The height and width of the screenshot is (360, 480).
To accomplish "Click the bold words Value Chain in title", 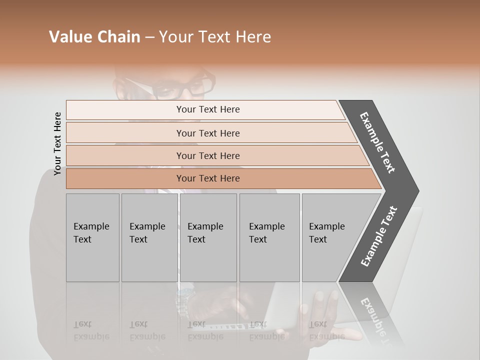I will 94,37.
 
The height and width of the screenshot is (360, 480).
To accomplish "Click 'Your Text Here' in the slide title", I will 215,37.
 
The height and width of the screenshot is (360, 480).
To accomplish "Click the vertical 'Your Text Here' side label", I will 57,143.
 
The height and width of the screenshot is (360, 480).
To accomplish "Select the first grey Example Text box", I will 92,237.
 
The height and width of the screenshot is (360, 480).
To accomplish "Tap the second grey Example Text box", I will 149,237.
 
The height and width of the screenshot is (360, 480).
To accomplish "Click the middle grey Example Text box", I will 208,237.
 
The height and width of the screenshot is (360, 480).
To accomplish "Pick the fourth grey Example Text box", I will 269,237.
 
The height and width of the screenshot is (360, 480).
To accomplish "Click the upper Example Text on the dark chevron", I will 378,142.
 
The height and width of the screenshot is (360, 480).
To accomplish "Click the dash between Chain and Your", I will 149,37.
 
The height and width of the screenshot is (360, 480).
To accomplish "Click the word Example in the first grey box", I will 91,226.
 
